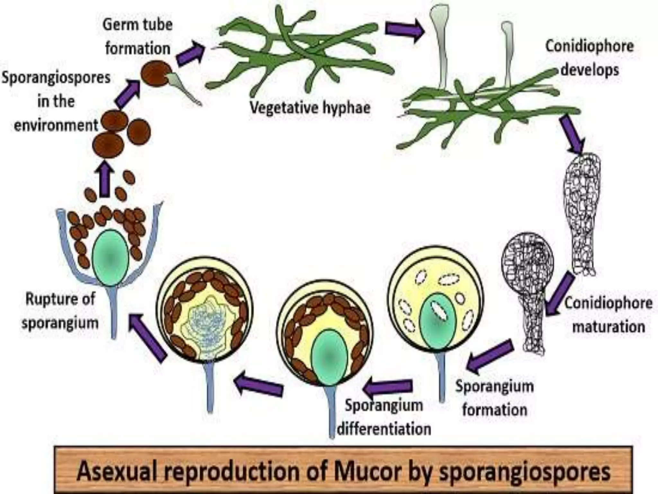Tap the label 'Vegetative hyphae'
pyautogui.click(x=310, y=108)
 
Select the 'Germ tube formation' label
pyautogui.click(x=138, y=37)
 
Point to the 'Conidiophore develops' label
pyautogui.click(x=589, y=58)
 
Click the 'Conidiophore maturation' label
pyautogui.click(x=609, y=315)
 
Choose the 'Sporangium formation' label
pyautogui.click(x=494, y=398)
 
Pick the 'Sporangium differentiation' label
pyautogui.click(x=384, y=417)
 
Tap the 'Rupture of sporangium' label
pyautogui.click(x=60, y=311)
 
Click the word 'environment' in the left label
pyautogui.click(x=56, y=125)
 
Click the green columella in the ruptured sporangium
pyautogui.click(x=111, y=257)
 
